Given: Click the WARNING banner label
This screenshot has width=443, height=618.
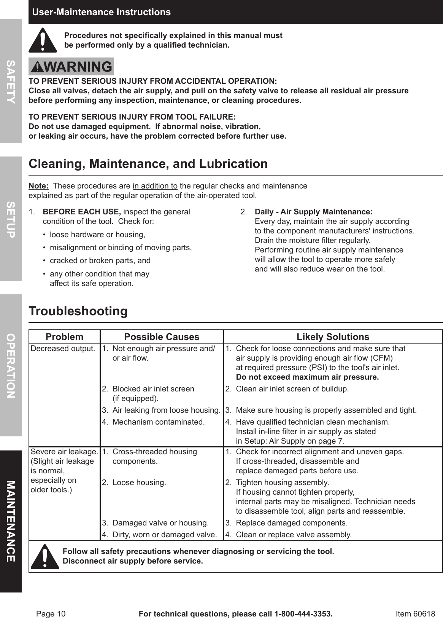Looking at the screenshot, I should [71, 67].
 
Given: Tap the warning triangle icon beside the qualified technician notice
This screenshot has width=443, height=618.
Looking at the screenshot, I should [43, 40].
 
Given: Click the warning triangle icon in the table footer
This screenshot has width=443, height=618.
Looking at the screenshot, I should [45, 556].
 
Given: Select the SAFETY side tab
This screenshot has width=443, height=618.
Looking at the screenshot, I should [11, 81].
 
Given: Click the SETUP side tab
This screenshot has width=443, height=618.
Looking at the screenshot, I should [11, 219].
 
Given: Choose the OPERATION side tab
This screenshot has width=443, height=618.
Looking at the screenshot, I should [11, 365].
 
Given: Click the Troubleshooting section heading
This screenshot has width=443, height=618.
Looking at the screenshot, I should [78, 311].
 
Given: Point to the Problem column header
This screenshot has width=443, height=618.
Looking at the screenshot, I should [64, 337].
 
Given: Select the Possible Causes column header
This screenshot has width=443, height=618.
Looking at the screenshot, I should [162, 337].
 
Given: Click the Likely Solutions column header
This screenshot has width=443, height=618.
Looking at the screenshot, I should [333, 337].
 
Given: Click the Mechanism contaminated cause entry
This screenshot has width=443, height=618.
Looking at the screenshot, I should [158, 422].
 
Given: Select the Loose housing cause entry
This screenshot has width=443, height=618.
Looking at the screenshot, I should [139, 482].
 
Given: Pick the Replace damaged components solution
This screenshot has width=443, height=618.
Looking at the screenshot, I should [291, 523].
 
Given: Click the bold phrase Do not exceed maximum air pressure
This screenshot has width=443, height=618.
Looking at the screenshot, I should [307, 377].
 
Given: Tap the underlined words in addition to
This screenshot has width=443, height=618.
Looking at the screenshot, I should [155, 186].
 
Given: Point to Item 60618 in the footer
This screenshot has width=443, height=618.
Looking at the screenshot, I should [415, 614].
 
